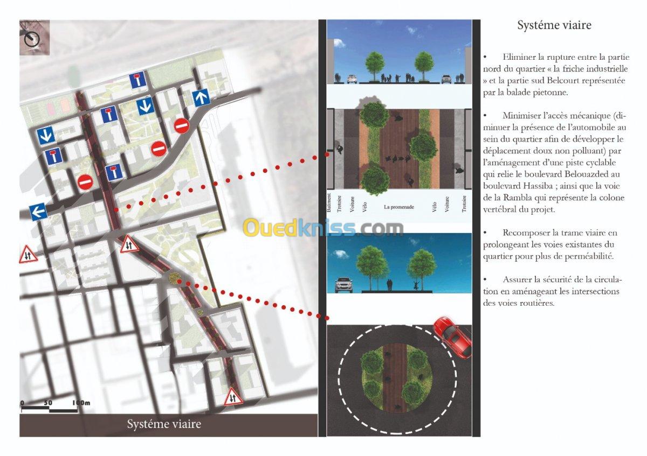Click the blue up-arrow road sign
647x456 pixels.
[202, 98]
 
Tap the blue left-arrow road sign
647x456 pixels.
[38, 212]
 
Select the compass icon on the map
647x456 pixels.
[32, 39]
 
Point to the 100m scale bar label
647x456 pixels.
[81, 403]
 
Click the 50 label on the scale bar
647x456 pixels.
[48, 403]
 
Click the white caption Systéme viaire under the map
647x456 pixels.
[164, 424]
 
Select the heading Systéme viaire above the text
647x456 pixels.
[554, 25]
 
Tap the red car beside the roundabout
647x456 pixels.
[452, 338]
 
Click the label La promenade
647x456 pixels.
[399, 207]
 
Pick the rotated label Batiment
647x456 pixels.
[329, 204]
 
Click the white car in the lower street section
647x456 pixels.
[344, 285]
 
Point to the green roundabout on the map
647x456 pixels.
[175, 277]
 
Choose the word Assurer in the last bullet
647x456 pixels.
[517, 280]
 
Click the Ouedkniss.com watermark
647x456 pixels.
[323, 228]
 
